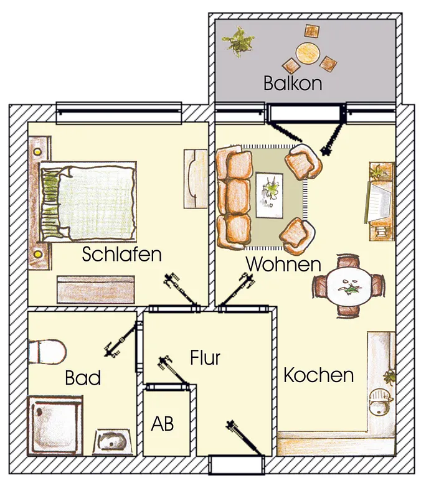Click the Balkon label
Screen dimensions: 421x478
(x=293, y=83)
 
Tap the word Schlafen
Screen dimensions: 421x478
(x=121, y=254)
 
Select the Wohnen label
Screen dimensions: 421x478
(x=283, y=264)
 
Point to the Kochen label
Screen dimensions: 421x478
(x=318, y=375)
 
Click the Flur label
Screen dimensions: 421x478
(x=205, y=358)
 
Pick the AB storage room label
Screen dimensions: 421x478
(x=163, y=423)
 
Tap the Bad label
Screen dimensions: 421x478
(x=83, y=378)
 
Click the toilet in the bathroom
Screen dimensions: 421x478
(x=47, y=352)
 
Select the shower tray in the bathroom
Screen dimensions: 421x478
(x=55, y=425)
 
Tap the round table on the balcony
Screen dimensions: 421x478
(x=308, y=53)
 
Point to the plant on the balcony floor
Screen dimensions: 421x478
(x=239, y=42)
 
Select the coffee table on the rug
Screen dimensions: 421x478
(x=270, y=195)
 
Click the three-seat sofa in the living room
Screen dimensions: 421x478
(x=234, y=197)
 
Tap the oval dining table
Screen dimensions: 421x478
(x=349, y=286)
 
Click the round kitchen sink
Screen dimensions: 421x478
(x=379, y=403)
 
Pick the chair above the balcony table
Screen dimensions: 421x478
(x=312, y=31)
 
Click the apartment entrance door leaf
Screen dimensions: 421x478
(x=244, y=438)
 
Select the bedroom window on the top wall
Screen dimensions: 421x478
(x=119, y=113)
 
